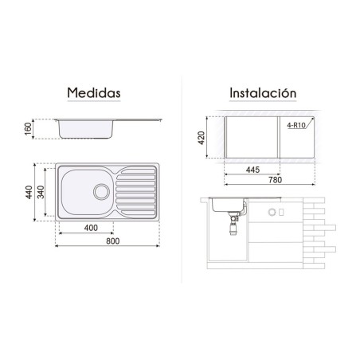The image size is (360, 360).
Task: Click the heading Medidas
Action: pos(94,93)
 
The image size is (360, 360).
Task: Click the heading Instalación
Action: pos(263,93)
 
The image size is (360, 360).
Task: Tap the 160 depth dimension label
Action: pos(28,129)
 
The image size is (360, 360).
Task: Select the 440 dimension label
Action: pos(29,192)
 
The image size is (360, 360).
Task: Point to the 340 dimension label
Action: pos(41,192)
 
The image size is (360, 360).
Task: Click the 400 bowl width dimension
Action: pos(91,228)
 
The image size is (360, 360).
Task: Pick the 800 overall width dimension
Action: pos(113,241)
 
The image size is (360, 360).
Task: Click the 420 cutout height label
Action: pos(202,138)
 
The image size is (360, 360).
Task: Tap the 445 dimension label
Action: pos(252,170)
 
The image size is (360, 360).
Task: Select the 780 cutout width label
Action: pos(275,180)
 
